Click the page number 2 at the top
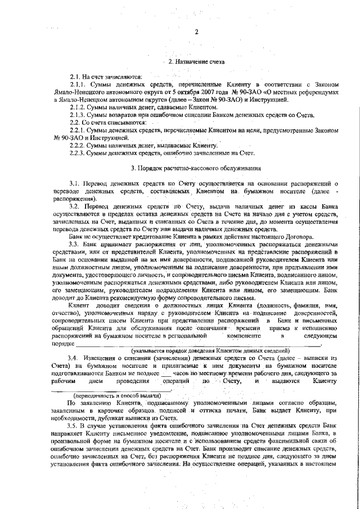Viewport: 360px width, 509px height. point(196,32)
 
